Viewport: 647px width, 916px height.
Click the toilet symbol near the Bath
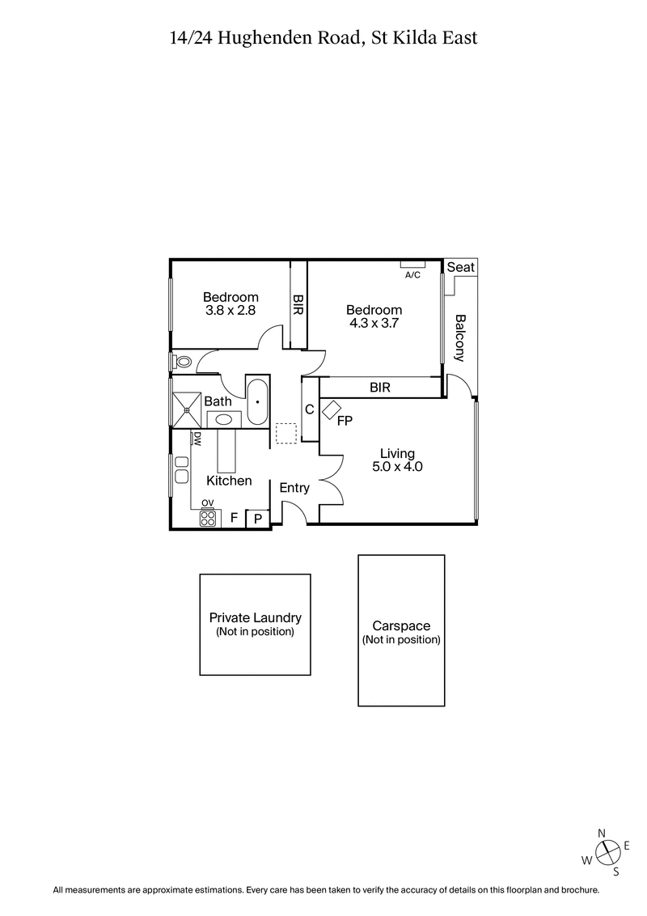click(x=181, y=362)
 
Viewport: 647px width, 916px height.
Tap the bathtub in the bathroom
click(x=258, y=401)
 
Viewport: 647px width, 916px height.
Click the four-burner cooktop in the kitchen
click(x=209, y=517)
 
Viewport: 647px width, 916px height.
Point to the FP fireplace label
click(x=345, y=420)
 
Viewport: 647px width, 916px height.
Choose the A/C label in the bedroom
click(x=412, y=275)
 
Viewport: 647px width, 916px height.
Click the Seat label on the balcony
click(x=461, y=268)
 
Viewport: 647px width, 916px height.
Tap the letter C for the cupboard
click(x=309, y=409)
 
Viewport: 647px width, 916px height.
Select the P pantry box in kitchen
click(x=258, y=519)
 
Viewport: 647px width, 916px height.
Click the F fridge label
click(x=234, y=518)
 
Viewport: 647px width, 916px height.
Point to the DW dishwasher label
click(x=197, y=439)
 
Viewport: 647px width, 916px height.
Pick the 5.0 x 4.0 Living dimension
click(x=397, y=466)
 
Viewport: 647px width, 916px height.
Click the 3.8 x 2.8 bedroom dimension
click(x=230, y=309)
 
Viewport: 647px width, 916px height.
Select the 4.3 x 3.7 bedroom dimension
click(x=374, y=322)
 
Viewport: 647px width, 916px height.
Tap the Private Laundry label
click(x=255, y=618)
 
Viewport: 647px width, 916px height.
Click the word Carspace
click(x=401, y=626)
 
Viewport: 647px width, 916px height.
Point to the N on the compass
click(x=601, y=833)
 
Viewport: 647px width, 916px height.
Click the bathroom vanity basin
click(x=224, y=419)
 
